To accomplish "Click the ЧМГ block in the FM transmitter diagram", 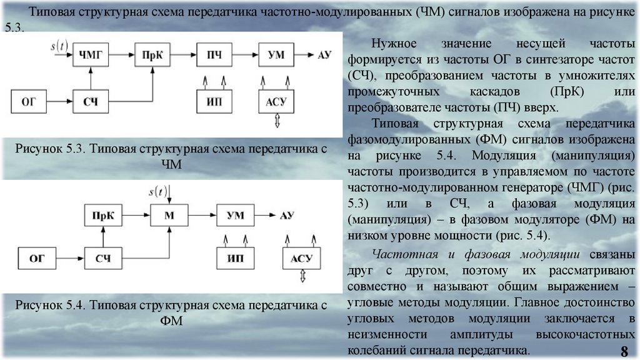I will tap(91, 56).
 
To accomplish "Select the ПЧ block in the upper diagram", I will tap(214, 56).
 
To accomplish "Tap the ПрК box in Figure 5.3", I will tap(152, 56).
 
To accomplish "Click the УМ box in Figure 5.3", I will tap(276, 56).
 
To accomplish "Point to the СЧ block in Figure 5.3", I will tap(91, 101).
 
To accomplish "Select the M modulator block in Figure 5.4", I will tap(169, 216).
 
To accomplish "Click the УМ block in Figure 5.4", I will tap(235, 216).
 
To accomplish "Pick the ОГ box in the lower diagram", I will tap(37, 257).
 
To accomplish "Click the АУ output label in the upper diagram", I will tap(324, 56).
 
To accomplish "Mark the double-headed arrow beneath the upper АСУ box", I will tap(276, 121).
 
